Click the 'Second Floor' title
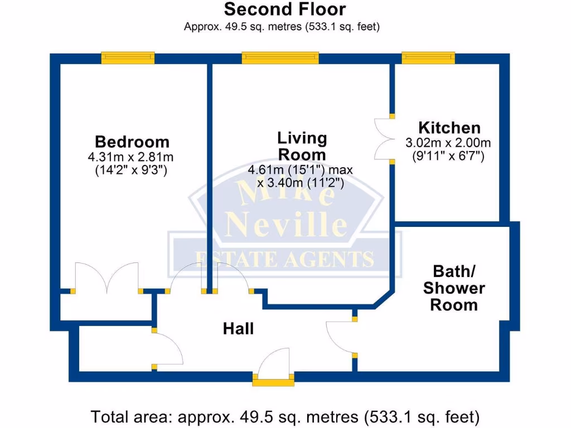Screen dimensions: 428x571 point(284,9)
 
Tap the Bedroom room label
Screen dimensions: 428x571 point(132,142)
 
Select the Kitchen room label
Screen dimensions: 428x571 point(449,128)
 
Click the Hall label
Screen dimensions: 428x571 point(238,329)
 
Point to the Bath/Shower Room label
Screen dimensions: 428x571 point(454,288)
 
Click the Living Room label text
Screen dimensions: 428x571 point(302,146)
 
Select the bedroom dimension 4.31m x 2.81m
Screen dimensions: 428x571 point(132,157)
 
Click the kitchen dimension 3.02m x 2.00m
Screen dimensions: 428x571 point(448,143)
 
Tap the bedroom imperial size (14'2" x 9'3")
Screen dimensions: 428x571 point(132,170)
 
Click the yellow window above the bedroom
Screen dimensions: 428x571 point(128,58)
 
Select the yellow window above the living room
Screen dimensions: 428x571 point(280,58)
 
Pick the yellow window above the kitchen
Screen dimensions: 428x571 point(428,58)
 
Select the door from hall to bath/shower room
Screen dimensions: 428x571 point(340,337)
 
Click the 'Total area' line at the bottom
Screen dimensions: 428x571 point(285,416)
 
